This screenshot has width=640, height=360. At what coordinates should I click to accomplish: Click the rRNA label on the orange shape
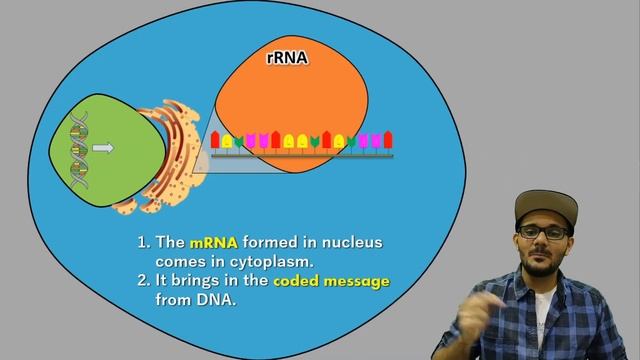pos(288,59)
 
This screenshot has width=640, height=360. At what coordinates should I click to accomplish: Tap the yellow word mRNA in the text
pos(212,242)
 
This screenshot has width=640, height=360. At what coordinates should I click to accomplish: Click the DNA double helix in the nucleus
pos(76,150)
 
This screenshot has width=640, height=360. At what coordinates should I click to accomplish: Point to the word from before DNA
pos(174,298)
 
